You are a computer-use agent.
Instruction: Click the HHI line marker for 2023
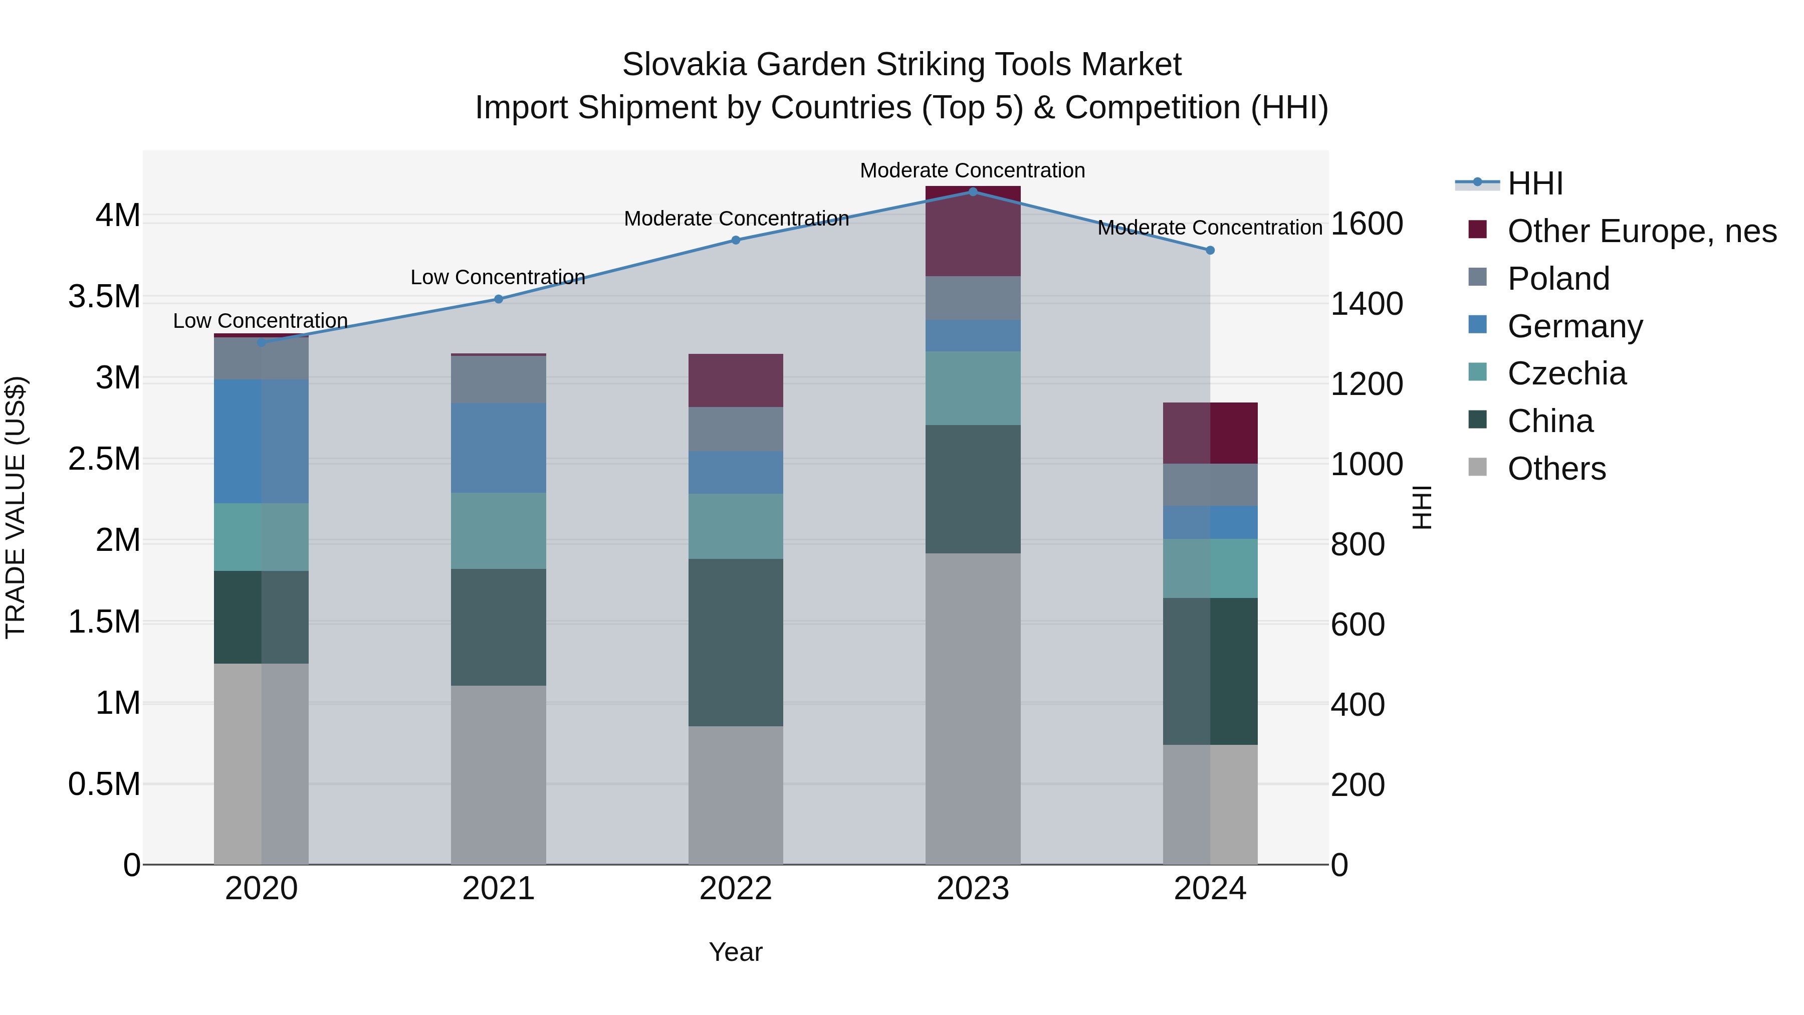[x=973, y=191]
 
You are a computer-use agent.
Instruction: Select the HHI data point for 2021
[x=499, y=299]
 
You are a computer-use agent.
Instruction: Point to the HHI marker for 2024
[x=1210, y=250]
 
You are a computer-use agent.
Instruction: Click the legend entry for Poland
[x=1558, y=279]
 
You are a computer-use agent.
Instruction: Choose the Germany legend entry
[x=1574, y=326]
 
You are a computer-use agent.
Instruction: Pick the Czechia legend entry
[x=1566, y=373]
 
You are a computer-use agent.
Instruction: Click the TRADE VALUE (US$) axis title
[x=16, y=507]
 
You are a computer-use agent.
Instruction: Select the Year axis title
[x=735, y=952]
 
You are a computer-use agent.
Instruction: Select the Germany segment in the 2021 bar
[x=499, y=448]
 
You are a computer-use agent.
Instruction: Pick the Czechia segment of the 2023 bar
[x=973, y=388]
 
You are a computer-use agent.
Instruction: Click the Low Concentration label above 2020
[x=261, y=321]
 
